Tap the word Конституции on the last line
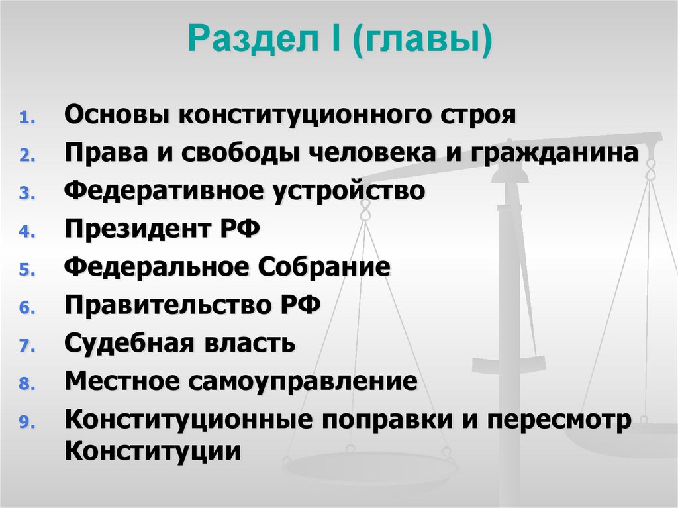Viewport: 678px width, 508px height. (152, 452)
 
